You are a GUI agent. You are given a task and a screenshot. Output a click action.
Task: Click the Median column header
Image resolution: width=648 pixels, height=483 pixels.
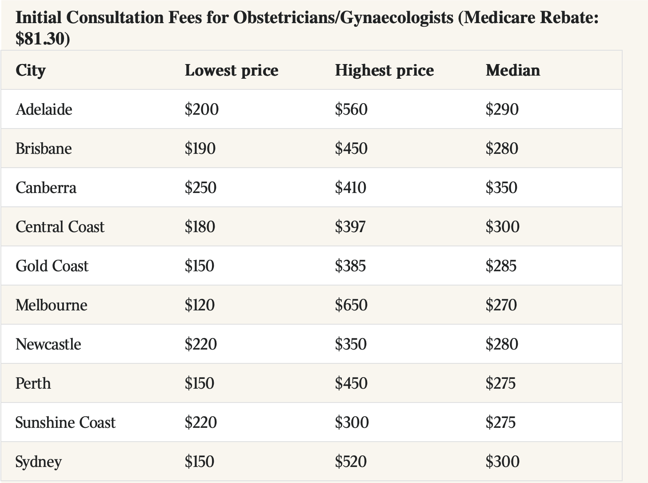pos(513,70)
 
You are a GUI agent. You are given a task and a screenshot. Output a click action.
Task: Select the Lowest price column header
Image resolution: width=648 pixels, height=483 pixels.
pos(232,71)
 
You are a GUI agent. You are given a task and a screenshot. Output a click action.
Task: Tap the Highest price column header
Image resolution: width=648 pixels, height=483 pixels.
pos(384,71)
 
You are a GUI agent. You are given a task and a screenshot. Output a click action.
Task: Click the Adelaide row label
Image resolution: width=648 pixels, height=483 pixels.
pos(44,109)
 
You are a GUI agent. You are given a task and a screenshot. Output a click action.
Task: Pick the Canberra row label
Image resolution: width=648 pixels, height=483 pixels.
pos(46,187)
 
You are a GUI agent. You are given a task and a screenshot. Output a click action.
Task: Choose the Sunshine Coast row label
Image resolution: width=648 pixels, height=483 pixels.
pos(65,422)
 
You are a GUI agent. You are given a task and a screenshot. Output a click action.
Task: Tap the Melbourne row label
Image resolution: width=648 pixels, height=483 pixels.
pos(52,305)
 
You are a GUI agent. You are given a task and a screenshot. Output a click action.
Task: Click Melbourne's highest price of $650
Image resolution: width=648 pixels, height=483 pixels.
pos(351,305)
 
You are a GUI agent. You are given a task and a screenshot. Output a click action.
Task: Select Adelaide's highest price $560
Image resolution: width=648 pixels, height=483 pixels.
pos(351,109)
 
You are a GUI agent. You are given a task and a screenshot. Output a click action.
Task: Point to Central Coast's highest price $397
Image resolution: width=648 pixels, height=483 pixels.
pos(350,226)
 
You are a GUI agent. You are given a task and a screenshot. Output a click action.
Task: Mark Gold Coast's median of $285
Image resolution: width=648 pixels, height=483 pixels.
pos(501,266)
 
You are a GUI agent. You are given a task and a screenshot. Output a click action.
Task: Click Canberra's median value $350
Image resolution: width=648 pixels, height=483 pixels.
pos(501,187)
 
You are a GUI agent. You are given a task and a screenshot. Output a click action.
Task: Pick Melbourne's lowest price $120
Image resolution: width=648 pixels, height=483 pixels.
pos(200,305)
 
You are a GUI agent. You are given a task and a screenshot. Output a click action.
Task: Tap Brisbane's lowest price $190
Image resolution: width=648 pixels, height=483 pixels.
pos(200,149)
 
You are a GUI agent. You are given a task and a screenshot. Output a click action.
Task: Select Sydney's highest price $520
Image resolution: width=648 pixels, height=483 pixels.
pos(351,461)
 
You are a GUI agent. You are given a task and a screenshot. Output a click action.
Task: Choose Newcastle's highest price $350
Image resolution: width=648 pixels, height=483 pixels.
pos(351,344)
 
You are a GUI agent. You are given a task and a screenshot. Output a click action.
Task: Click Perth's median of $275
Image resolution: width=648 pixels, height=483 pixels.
pos(500,383)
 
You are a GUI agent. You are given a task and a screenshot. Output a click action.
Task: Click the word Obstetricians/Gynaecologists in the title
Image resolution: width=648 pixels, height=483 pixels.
pos(344,17)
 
